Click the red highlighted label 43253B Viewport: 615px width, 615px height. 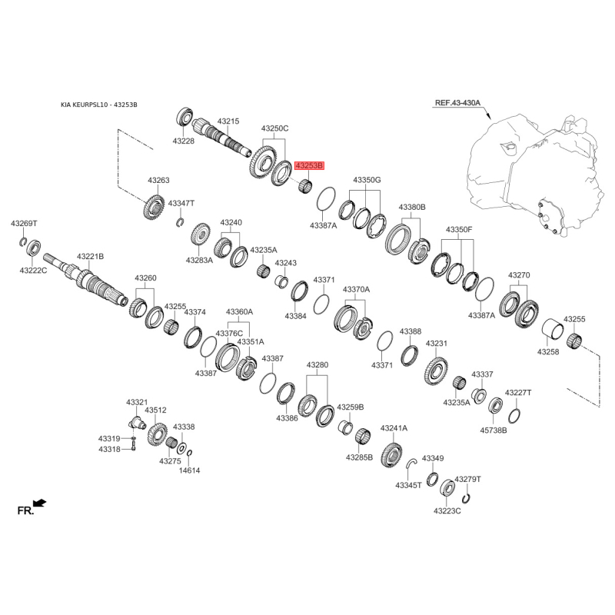pyautogui.click(x=310, y=165)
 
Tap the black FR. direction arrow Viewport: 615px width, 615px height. pyautogui.click(x=40, y=503)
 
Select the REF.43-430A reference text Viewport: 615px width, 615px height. pyautogui.click(x=457, y=103)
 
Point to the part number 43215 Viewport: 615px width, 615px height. pyautogui.click(x=228, y=121)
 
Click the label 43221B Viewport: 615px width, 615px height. pyautogui.click(x=90, y=257)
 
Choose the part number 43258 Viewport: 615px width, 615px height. pyautogui.click(x=548, y=352)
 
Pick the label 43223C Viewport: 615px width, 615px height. pyautogui.click(x=447, y=510)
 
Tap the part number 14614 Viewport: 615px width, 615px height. pyautogui.click(x=189, y=470)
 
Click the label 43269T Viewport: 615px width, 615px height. pyautogui.click(x=24, y=224)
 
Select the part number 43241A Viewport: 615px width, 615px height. pyautogui.click(x=394, y=428)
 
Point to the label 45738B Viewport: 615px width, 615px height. pyautogui.click(x=494, y=430)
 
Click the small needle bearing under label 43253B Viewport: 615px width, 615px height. pyautogui.click(x=305, y=185)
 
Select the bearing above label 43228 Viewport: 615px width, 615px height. pyautogui.click(x=184, y=117)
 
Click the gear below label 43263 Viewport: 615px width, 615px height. pyautogui.click(x=153, y=207)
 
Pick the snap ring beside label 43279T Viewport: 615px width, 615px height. pyautogui.click(x=467, y=497)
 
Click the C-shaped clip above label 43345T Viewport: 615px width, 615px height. pyautogui.click(x=411, y=463)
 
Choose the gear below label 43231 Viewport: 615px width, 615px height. pyautogui.click(x=436, y=371)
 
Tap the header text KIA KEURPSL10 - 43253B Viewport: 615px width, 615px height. pyautogui.click(x=99, y=105)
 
